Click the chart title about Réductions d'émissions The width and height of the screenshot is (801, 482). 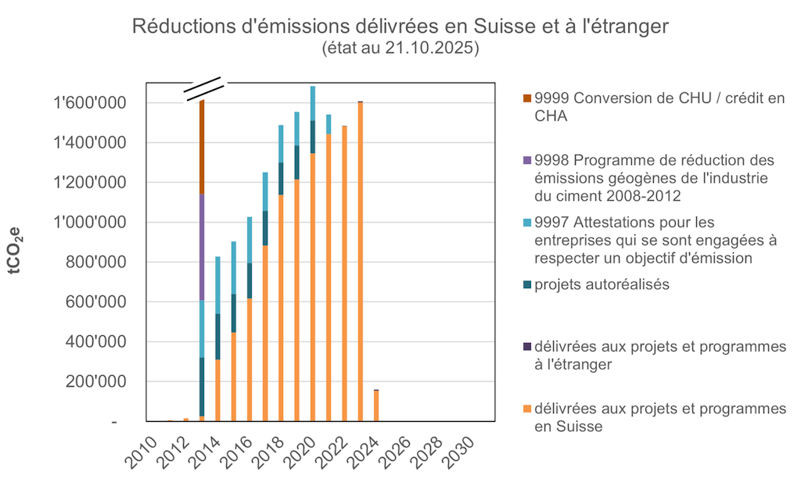coord(400,26)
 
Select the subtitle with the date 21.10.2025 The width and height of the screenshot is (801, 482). coord(400,48)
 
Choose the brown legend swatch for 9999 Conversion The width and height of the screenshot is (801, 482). coord(527,98)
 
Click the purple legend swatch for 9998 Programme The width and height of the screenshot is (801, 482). coord(527,160)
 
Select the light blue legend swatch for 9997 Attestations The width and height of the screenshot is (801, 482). coord(527,223)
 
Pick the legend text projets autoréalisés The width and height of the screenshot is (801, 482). coord(602,284)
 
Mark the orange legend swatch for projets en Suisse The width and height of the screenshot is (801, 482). coord(527,409)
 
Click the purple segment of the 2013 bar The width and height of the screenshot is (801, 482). coord(202,247)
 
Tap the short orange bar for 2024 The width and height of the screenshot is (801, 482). coord(376,405)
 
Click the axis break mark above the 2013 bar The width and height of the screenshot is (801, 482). coord(203,90)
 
